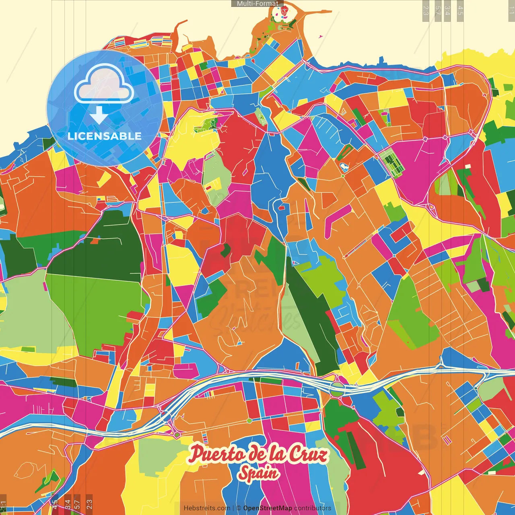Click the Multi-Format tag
257,4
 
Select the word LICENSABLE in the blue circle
105,136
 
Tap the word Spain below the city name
258,473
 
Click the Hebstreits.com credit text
207,508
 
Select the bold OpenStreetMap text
268,508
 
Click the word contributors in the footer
313,508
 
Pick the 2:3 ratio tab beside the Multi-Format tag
426,10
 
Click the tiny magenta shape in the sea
321,37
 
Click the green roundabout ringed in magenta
177,435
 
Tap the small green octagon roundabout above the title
249,421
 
